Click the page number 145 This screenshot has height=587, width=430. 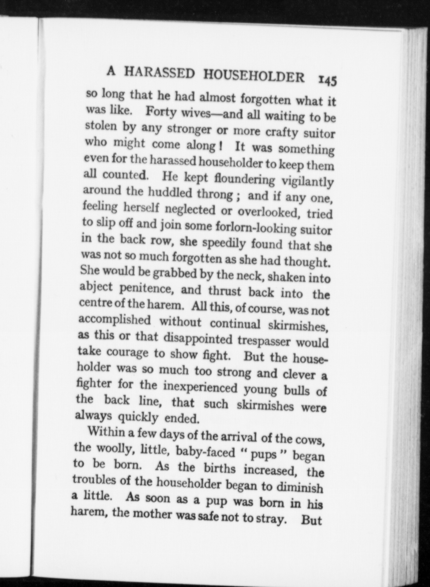click(x=327, y=80)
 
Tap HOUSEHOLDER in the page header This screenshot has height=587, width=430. click(x=254, y=76)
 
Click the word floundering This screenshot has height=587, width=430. click(x=245, y=179)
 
